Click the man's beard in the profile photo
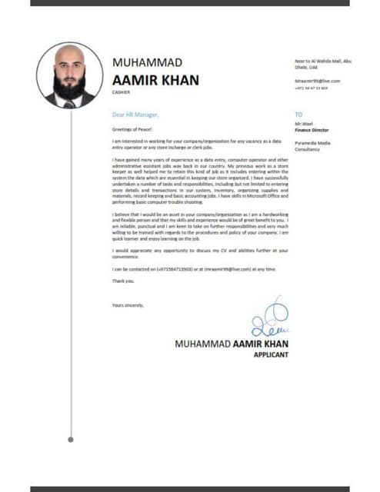coord(69,85)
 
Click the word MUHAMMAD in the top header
coord(148,62)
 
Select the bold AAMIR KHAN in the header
coord(155,79)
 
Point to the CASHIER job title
coord(122,91)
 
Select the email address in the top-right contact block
coord(317,81)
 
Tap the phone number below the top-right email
coord(311,88)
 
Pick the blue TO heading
coord(298,115)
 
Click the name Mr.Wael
coord(302,124)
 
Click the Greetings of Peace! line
coord(129,130)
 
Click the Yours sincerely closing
coord(128,306)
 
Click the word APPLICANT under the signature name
coord(270,355)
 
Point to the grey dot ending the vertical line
coord(70,440)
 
